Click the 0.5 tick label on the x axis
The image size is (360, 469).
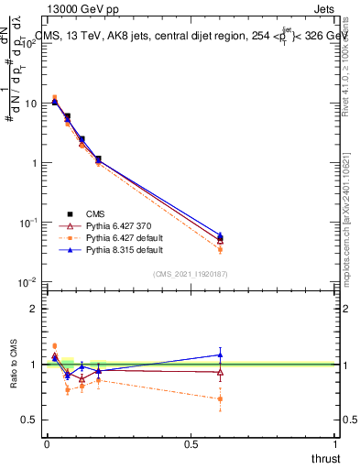coord(191,444)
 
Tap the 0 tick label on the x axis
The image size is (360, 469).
coord(47,444)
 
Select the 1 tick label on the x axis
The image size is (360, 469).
coord(336,444)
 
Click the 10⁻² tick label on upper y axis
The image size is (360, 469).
coord(28,281)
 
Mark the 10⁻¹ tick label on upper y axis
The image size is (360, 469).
coord(28,222)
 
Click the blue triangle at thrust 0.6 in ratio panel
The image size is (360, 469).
coord(220,354)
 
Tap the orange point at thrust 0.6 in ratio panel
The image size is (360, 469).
coord(220,398)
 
